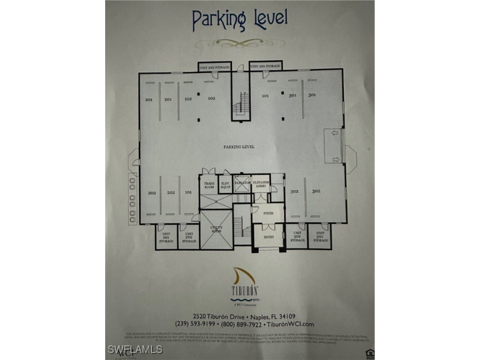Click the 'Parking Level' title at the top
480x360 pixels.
(x=239, y=19)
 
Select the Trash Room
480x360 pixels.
(x=209, y=186)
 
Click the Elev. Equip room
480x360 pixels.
(x=225, y=186)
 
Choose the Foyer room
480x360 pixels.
(x=268, y=214)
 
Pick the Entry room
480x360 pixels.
(x=269, y=237)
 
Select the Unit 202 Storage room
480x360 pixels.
(x=189, y=237)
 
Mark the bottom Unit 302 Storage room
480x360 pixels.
(x=297, y=237)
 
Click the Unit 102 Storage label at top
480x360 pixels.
(x=214, y=67)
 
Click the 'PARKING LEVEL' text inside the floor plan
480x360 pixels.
(x=239, y=147)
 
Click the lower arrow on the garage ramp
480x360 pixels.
(x=335, y=159)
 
